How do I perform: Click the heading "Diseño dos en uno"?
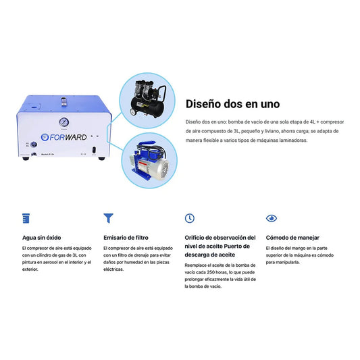pyautogui.click(x=232, y=104)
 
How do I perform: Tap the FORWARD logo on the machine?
pyautogui.click(x=63, y=137)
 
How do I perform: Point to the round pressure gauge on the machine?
pyautogui.click(x=63, y=122)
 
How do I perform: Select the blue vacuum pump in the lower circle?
pyautogui.click(x=149, y=161)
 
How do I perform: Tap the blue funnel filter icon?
pyautogui.click(x=108, y=218)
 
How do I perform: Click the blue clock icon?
pyautogui.click(x=190, y=218)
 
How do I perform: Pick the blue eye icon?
pyautogui.click(x=272, y=218)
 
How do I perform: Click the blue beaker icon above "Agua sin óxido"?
pyautogui.click(x=26, y=218)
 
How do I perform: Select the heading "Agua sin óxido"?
pyautogui.click(x=42, y=238)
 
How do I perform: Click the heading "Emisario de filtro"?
pyautogui.click(x=126, y=238)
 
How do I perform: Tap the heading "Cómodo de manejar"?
pyautogui.click(x=292, y=238)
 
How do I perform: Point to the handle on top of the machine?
pyautogui.click(x=63, y=101)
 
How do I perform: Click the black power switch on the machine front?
pyautogui.click(x=94, y=151)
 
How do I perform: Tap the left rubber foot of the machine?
pyautogui.click(x=26, y=158)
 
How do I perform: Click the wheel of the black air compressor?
pyautogui.click(x=133, y=112)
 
